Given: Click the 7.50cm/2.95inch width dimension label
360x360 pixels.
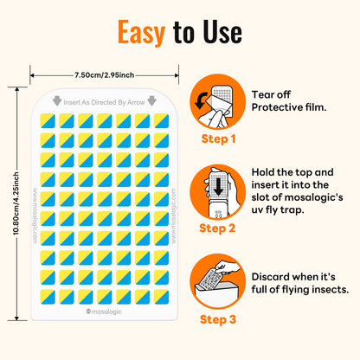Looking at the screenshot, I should click(97, 74).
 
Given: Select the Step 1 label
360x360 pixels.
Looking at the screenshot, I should click(219, 138).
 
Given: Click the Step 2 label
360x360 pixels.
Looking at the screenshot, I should click(219, 228).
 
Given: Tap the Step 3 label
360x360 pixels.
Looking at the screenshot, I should click(219, 319).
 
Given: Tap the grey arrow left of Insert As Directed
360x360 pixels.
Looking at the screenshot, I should click(57, 99).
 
